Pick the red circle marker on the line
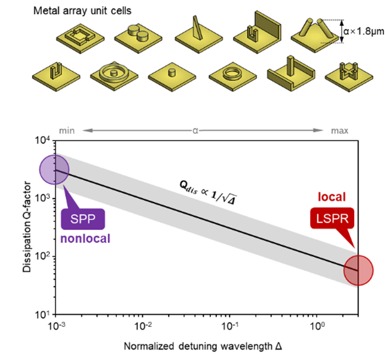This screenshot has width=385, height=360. [359, 271]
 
